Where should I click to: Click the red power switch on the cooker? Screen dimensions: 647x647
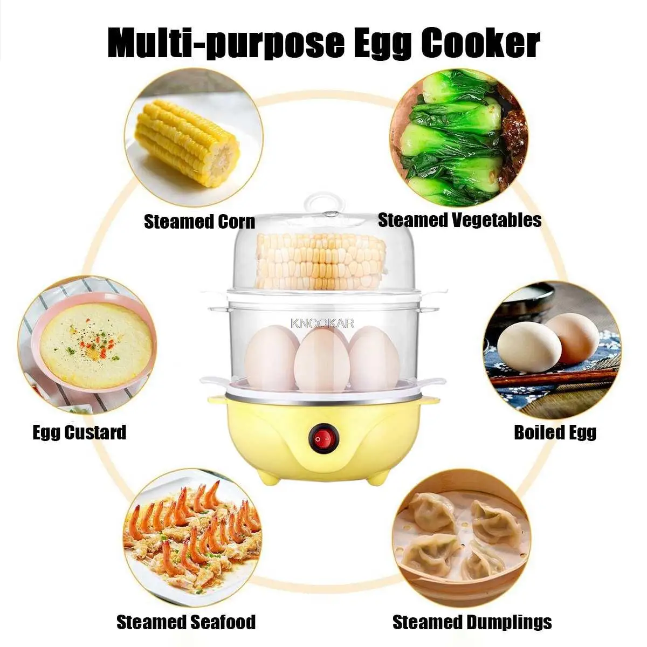click(322, 440)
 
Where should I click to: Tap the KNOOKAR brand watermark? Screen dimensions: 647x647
click(322, 323)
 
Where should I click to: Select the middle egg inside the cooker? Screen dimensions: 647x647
click(322, 360)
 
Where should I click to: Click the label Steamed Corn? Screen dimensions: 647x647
click(199, 222)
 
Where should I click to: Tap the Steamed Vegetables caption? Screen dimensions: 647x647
click(459, 220)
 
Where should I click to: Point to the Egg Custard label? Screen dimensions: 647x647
click(79, 432)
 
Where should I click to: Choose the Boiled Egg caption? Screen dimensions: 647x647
click(555, 432)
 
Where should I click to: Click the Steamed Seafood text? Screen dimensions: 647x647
click(186, 622)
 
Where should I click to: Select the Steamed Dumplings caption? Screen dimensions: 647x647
click(472, 622)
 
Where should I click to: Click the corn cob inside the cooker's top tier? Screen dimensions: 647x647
click(321, 261)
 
